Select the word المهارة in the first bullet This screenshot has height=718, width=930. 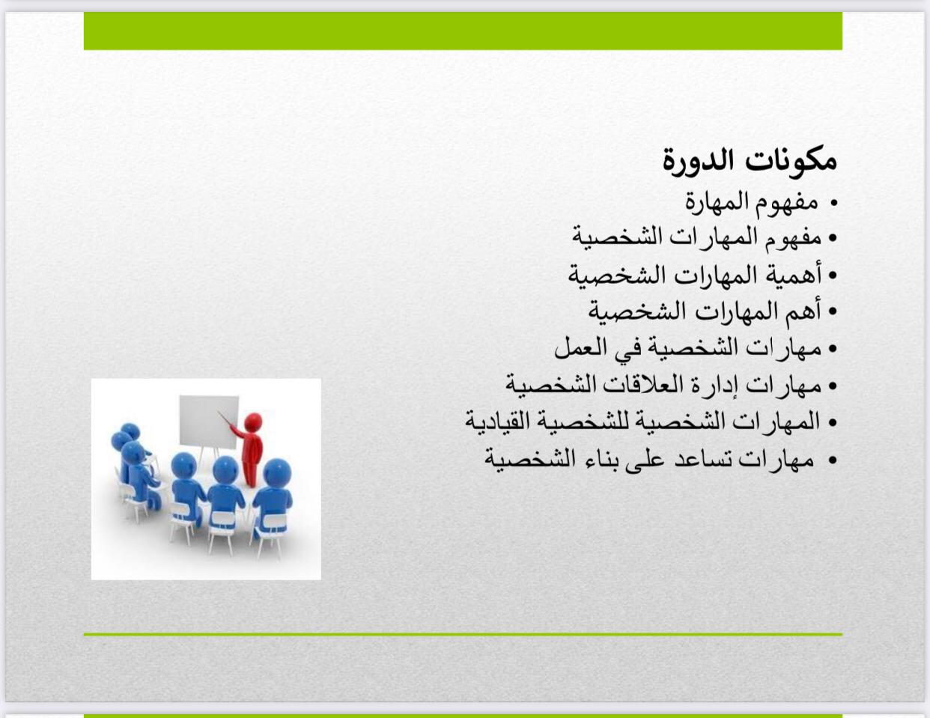click(x=720, y=201)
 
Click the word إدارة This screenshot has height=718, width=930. click(x=705, y=385)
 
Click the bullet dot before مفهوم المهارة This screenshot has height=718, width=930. click(x=833, y=203)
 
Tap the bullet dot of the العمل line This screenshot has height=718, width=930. click(x=832, y=349)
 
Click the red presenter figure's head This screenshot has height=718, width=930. click(x=253, y=422)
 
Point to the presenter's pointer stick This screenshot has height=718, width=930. click(x=225, y=419)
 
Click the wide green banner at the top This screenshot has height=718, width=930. click(x=463, y=31)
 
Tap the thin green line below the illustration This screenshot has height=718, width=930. click(x=463, y=635)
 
